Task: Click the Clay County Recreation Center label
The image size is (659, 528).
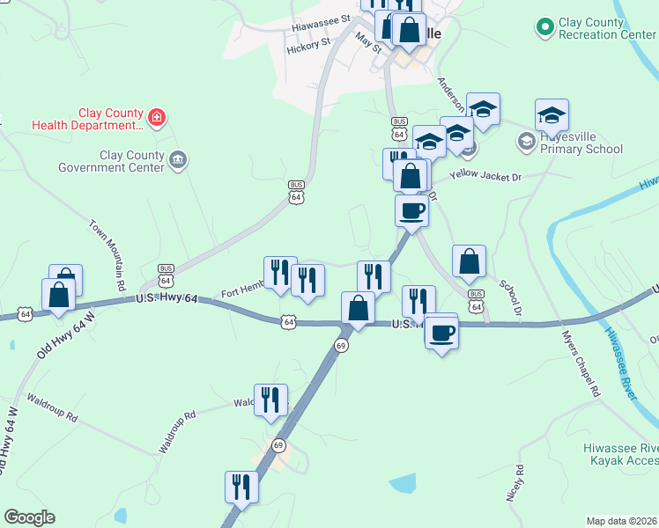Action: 608,29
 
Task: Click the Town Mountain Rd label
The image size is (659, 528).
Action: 107,255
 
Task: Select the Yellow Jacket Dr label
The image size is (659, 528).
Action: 485,177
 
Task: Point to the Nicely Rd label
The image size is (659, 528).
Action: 515,483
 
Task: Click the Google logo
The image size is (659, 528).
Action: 29,517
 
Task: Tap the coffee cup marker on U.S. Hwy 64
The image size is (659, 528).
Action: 441,333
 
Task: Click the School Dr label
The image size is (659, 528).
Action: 510,300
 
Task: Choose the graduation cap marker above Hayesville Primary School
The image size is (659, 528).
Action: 552,115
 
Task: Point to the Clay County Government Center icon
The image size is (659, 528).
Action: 179,159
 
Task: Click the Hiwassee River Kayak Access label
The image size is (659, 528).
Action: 621,454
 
